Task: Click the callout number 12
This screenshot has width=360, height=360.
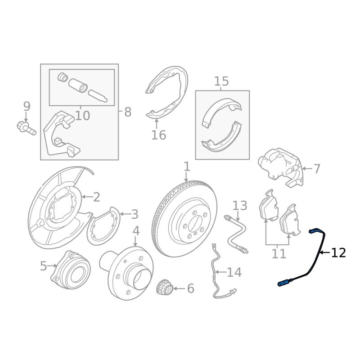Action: (x=338, y=253)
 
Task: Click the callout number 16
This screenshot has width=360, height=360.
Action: (x=158, y=135)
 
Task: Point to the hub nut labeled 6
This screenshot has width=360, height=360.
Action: (x=164, y=288)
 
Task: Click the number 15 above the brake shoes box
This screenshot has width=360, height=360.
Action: (x=221, y=81)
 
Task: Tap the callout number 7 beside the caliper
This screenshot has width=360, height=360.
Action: (x=317, y=169)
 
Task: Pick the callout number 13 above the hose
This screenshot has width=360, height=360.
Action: (x=240, y=206)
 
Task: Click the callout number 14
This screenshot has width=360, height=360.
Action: (x=234, y=272)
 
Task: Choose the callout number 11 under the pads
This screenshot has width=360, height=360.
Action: (x=279, y=254)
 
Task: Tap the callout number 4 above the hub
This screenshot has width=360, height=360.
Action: (x=136, y=231)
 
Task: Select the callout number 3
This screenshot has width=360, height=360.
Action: (x=135, y=214)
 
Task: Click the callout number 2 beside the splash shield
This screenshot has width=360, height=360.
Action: (x=96, y=197)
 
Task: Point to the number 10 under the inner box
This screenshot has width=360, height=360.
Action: (x=82, y=116)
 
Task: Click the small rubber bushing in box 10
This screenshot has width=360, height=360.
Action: (x=63, y=77)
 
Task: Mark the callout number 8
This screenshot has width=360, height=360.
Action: (x=128, y=112)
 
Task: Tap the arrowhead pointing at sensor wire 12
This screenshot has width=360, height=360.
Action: (x=322, y=252)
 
